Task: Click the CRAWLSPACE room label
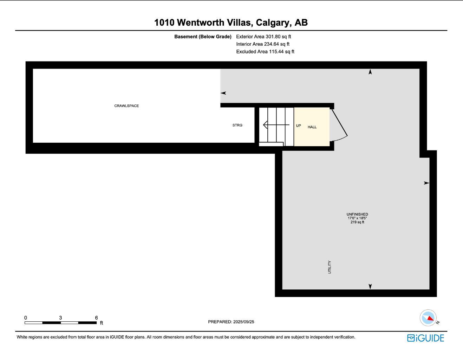pyautogui.click(x=126, y=106)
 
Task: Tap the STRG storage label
pyautogui.click(x=237, y=125)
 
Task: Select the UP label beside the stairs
pyautogui.click(x=299, y=126)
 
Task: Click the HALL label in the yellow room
pyautogui.click(x=312, y=127)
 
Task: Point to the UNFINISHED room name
pyautogui.click(x=357, y=214)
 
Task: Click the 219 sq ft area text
pyautogui.click(x=357, y=222)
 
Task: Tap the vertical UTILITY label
pyautogui.click(x=330, y=267)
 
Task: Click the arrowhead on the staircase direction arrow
pyautogui.click(x=266, y=125)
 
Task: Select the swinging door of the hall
pyautogui.click(x=339, y=125)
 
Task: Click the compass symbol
pyautogui.click(x=428, y=318)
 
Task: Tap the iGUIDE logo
pyautogui.click(x=426, y=338)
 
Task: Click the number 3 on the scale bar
pyautogui.click(x=60, y=318)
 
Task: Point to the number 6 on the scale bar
pyautogui.click(x=96, y=318)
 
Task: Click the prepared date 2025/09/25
pyautogui.click(x=244, y=322)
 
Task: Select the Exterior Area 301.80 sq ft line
pyautogui.click(x=263, y=37)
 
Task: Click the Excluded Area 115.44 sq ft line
pyautogui.click(x=265, y=52)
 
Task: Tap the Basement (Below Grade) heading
pyautogui.click(x=203, y=37)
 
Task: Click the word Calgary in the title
pyautogui.click(x=274, y=23)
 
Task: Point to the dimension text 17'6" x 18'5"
pyautogui.click(x=357, y=218)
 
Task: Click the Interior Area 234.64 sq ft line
pyautogui.click(x=263, y=44)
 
